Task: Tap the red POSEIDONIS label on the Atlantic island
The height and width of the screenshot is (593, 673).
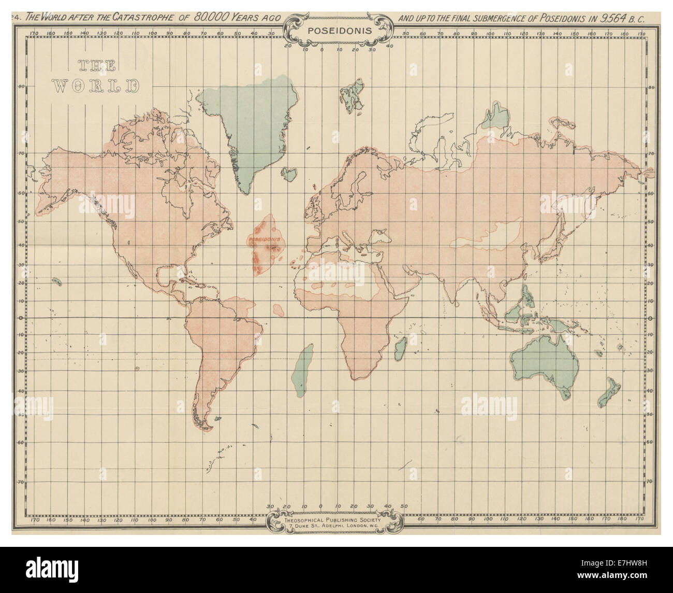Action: [264, 241]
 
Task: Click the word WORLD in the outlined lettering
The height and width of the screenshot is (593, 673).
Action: [97, 86]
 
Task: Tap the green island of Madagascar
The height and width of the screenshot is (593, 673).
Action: [400, 348]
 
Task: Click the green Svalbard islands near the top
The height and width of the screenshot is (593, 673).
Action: [352, 95]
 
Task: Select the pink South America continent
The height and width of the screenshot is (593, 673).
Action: [223, 342]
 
